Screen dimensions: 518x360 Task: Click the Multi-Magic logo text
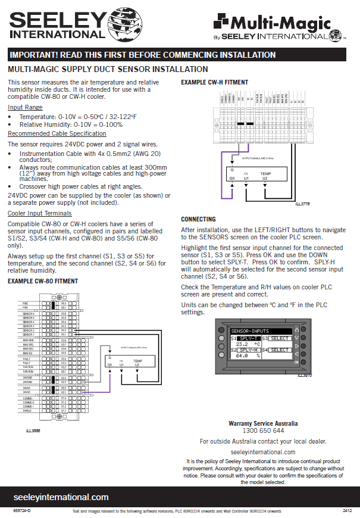coord(280,24)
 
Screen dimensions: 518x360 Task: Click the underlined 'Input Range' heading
coord(25,107)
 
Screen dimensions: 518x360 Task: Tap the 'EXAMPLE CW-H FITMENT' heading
coord(214,82)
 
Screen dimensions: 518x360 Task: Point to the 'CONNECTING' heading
coord(198,219)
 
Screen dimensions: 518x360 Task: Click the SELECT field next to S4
coord(280,350)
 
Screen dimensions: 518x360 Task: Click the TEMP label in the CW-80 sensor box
coord(137,361)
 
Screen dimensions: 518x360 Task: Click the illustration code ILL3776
coord(302,204)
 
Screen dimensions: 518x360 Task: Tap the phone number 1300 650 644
coord(263,430)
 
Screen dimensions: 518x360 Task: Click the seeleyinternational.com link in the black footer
coord(61,497)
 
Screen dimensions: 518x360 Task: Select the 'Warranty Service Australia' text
coord(263,423)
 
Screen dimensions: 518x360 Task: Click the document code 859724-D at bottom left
coord(22,511)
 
